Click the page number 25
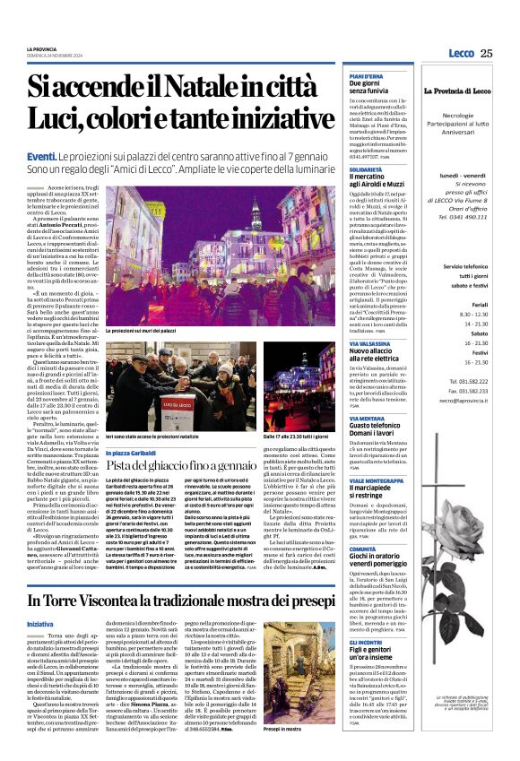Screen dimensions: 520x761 [x=486, y=54]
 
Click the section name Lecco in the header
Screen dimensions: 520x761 [x=461, y=54]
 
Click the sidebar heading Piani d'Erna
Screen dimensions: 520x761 [x=342, y=77]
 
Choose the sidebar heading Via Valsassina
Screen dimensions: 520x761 [x=344, y=342]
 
